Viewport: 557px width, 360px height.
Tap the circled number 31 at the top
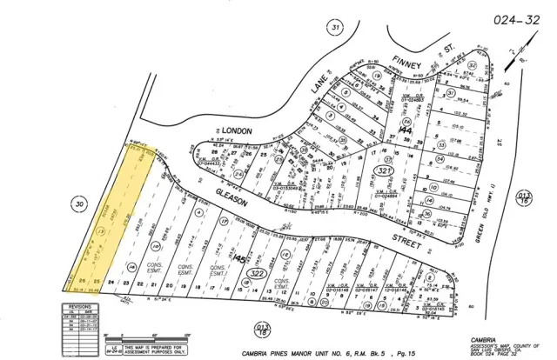pos(335,28)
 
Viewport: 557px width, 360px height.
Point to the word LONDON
pos(234,130)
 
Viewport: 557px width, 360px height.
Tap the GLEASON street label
pos(232,199)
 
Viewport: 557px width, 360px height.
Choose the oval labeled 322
pos(257,274)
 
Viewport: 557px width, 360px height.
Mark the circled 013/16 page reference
pos(523,199)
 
